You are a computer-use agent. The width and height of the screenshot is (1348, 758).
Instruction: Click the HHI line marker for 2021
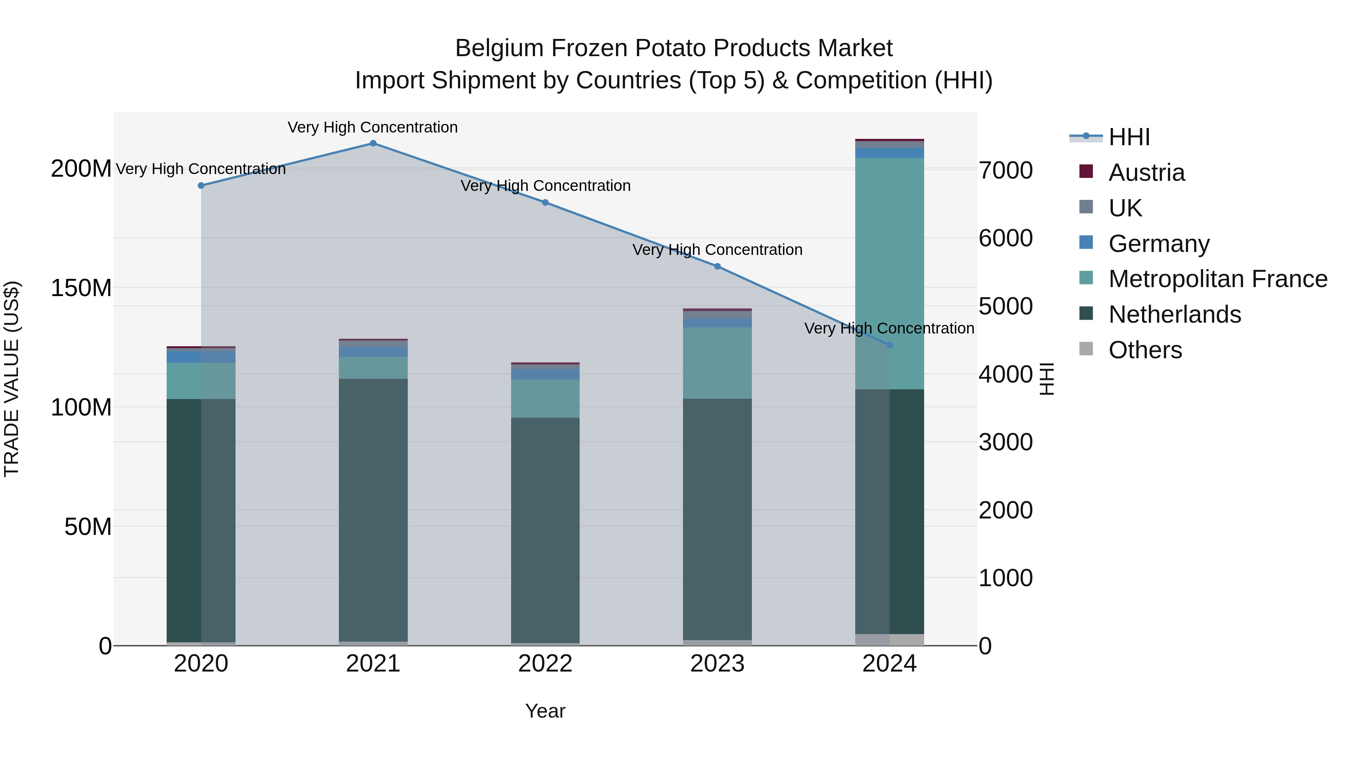pos(373,143)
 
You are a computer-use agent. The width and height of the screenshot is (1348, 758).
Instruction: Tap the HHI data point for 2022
pos(545,203)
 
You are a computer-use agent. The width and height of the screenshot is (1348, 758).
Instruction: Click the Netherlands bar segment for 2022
pos(545,528)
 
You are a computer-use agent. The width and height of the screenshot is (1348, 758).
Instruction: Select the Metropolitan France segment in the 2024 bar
pos(890,272)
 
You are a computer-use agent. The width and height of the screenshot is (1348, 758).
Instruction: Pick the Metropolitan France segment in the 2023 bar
pos(717,363)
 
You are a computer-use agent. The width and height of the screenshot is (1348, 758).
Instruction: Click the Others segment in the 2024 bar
pos(890,639)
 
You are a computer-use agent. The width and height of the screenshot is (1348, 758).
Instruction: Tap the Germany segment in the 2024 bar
pos(890,153)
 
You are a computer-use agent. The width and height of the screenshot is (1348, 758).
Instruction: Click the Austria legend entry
pos(1146,173)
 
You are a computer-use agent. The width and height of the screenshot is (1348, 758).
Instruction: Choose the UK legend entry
pos(1125,208)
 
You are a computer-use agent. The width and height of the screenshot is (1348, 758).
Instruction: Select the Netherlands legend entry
pos(1174,315)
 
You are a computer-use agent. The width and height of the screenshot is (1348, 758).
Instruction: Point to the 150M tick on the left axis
pos(81,288)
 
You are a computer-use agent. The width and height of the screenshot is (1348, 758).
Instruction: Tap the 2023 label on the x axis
pos(717,664)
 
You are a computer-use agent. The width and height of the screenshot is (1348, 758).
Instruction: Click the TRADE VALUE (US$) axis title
pos(12,379)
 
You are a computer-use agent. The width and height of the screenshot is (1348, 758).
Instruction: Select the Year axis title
pos(545,711)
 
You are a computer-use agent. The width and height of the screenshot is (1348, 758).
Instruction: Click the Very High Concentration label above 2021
pos(373,128)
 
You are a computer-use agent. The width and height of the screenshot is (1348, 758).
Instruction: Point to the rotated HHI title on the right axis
pos(1046,379)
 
